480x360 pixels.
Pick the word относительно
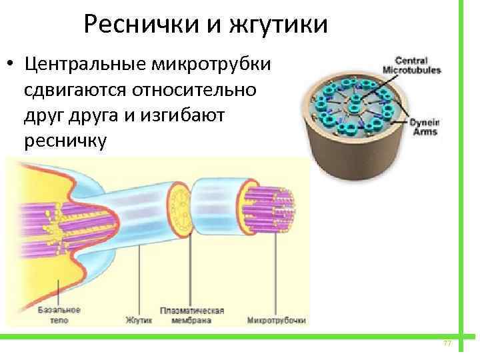point(200,90)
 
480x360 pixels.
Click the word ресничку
point(64,141)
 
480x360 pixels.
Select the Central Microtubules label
point(411,64)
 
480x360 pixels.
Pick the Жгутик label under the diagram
point(139,320)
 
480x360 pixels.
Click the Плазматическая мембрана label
point(192,315)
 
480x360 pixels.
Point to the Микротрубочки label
point(275,320)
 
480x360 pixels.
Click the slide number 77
point(447,343)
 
